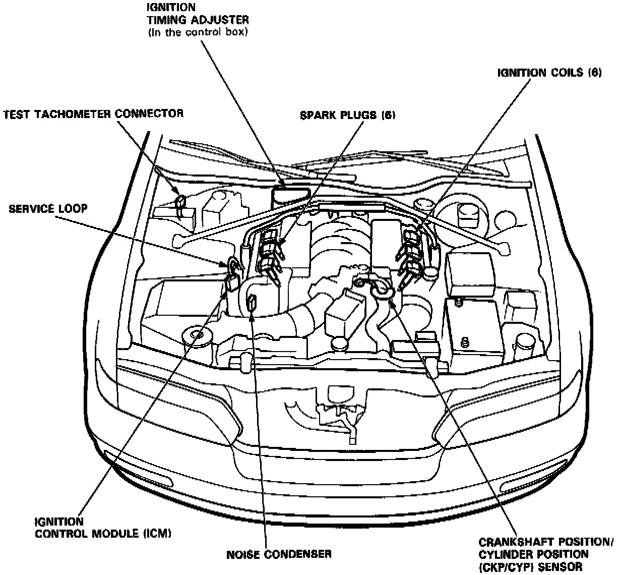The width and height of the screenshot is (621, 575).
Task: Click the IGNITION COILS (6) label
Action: [x=549, y=73]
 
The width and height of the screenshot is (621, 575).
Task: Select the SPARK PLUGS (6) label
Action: [x=347, y=116]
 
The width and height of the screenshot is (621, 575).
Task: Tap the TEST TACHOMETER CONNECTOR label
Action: [x=93, y=113]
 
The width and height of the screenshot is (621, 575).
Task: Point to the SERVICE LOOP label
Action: [x=48, y=208]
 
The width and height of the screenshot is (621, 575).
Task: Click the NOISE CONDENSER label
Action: [x=279, y=554]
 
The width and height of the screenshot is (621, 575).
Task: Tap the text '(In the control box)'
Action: [x=198, y=32]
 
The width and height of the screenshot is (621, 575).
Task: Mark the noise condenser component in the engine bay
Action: [x=252, y=304]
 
